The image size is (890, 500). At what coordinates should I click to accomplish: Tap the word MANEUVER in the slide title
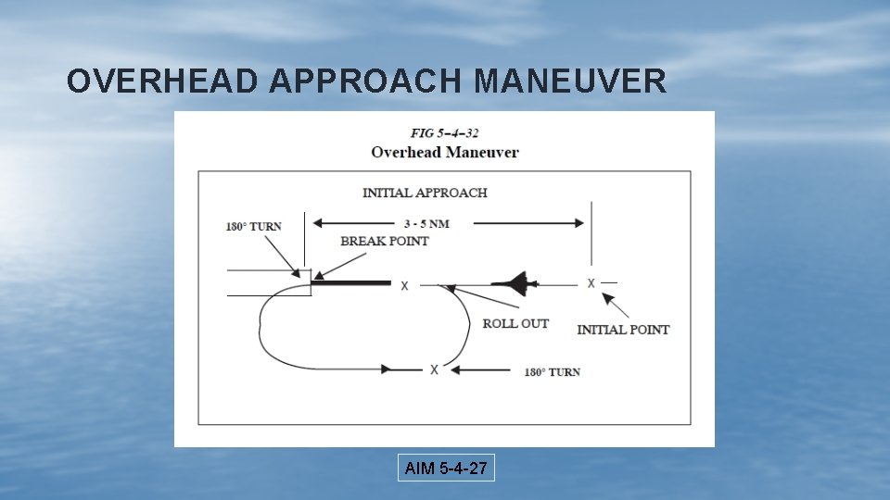click(x=569, y=82)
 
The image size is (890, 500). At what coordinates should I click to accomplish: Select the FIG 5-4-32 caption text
click(x=444, y=133)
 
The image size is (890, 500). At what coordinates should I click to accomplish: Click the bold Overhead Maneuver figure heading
click(x=444, y=152)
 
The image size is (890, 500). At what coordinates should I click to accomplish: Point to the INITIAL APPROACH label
click(x=425, y=193)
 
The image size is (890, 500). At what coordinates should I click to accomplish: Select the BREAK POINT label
click(x=385, y=241)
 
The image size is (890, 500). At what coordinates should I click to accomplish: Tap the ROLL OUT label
click(x=515, y=323)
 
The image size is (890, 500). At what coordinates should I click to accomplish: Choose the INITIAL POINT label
click(x=623, y=330)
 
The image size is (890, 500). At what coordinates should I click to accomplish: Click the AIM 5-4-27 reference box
click(x=446, y=469)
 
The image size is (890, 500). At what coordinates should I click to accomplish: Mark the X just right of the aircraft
click(x=591, y=282)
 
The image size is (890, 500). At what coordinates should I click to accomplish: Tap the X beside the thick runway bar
click(x=404, y=286)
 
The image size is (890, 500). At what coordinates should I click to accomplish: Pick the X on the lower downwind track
click(x=434, y=369)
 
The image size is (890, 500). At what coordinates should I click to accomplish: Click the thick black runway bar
click(x=352, y=282)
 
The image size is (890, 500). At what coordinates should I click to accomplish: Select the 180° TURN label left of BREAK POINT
click(x=253, y=226)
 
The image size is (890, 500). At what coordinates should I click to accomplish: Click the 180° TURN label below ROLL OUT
click(x=553, y=372)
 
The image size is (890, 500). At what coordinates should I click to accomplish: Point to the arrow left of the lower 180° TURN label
click(x=484, y=370)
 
